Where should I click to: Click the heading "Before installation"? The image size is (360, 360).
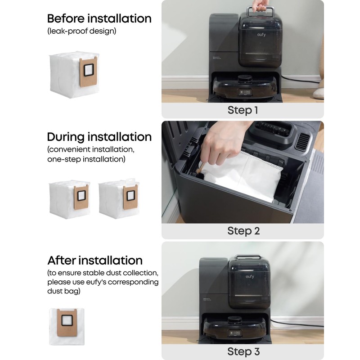[99, 19]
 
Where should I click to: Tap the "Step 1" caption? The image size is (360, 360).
[243, 110]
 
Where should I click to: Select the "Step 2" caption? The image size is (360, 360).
[243, 231]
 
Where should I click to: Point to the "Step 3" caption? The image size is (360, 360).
[243, 351]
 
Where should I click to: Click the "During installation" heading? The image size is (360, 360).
[99, 137]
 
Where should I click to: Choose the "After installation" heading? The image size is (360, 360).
[95, 260]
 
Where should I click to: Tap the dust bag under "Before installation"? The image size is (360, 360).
[74, 73]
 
